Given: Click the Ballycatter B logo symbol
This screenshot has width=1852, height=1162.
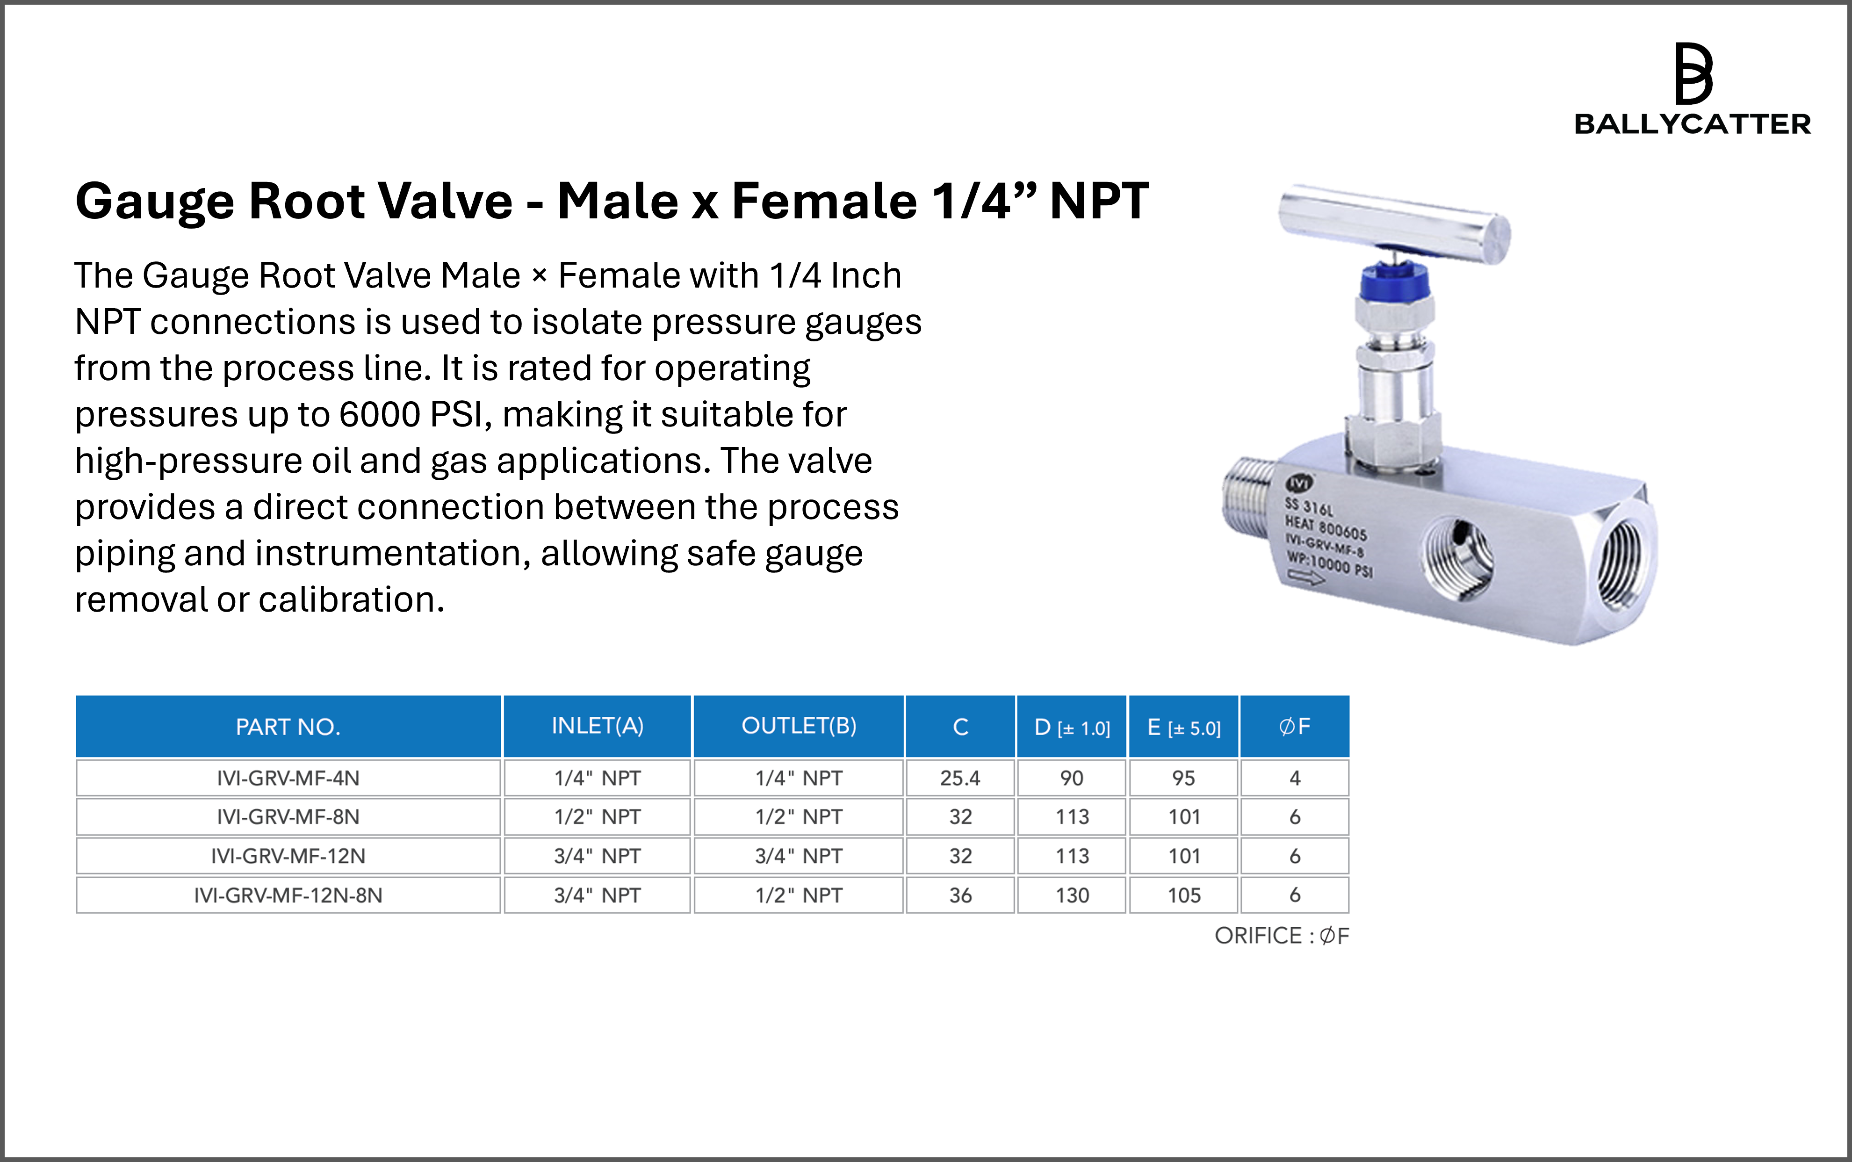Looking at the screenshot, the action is pos(1693,74).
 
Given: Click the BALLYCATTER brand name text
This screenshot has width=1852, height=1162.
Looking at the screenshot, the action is pos(1692,124).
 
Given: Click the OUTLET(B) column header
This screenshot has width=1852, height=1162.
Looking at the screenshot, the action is pos(799,726).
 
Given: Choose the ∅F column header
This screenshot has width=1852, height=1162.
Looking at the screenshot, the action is pos(1295,726).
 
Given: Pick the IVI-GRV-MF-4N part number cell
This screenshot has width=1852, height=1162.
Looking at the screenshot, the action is pos(288,778).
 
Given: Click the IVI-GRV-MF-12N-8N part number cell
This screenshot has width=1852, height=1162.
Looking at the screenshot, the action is pos(288,895).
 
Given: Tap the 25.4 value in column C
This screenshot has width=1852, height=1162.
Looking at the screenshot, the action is pos(960,778).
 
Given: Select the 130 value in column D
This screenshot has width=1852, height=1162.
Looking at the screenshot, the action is pos(1072,895).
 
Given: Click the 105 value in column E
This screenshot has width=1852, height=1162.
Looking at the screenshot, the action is pos(1184,895).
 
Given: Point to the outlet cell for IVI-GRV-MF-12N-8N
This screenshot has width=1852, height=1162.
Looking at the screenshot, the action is pos(799,895).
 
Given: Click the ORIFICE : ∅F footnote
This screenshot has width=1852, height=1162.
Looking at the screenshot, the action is pos(1282,936).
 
